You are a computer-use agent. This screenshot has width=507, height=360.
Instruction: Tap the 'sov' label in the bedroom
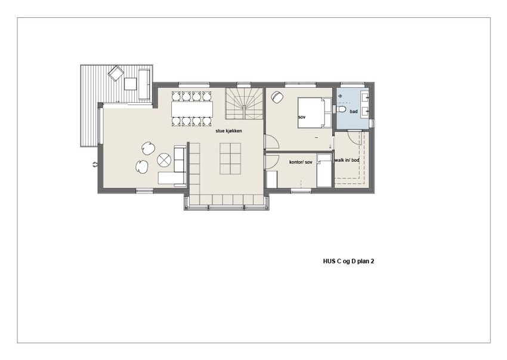point(301,118)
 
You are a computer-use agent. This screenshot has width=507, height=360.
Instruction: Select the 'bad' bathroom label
point(353,112)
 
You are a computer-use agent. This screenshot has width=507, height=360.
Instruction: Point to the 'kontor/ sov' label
point(301,162)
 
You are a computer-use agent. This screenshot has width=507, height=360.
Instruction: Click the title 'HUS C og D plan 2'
point(348,261)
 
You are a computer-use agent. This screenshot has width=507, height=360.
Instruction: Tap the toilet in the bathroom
point(341,110)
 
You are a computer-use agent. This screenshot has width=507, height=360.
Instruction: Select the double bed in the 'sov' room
point(314,112)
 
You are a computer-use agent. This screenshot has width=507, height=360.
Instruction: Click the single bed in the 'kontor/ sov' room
point(324,171)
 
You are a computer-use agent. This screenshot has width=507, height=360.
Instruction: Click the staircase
point(243,103)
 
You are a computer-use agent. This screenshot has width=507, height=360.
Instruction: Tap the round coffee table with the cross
point(164,159)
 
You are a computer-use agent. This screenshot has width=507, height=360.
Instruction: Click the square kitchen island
point(230,159)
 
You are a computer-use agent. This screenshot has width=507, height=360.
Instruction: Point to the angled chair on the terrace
point(115,73)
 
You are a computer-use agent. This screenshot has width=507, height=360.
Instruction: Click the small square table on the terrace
point(130,84)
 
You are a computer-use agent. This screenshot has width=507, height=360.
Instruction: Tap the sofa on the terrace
point(144,84)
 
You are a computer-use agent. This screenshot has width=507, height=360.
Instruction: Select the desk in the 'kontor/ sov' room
point(272,179)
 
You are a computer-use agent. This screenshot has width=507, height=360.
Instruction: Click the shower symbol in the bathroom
point(341,96)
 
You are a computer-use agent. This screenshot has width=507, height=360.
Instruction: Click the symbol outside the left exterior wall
point(94,164)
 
